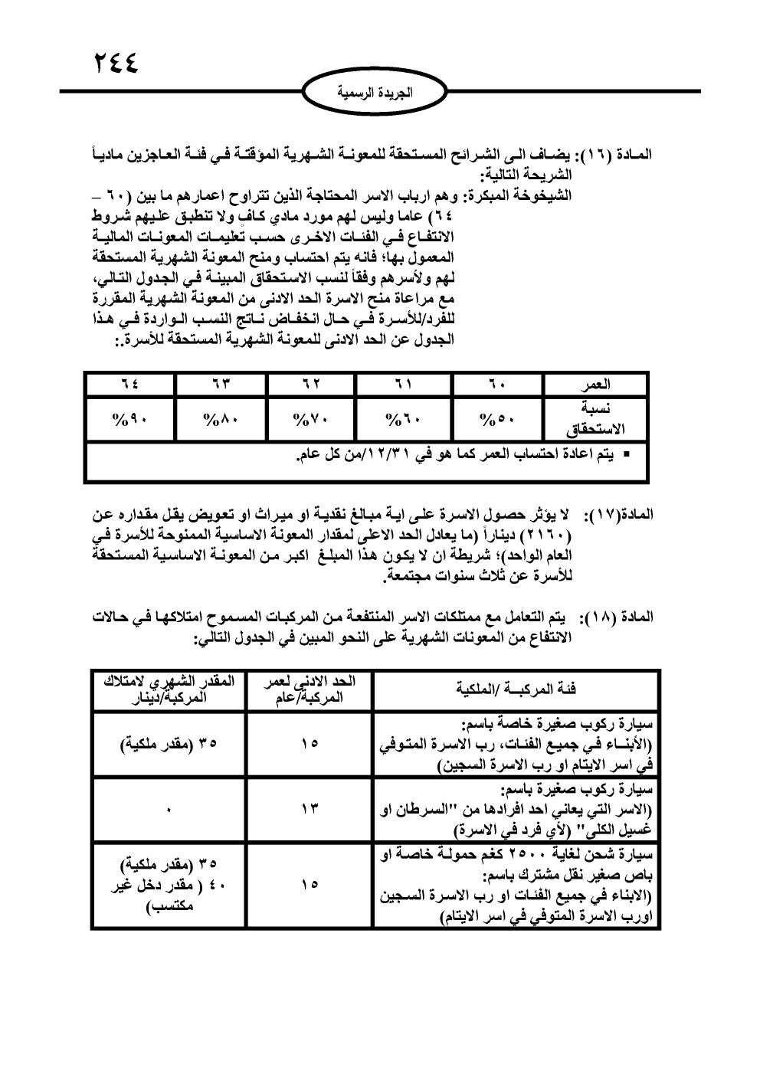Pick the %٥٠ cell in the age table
click(498, 417)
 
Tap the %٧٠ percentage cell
click(313, 417)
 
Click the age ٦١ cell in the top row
click(406, 384)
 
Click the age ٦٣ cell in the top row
click(221, 384)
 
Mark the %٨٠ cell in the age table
click(221, 417)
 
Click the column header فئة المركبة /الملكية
click(515, 689)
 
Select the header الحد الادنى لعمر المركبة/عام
click(310, 689)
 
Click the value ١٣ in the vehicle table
click(310, 808)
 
